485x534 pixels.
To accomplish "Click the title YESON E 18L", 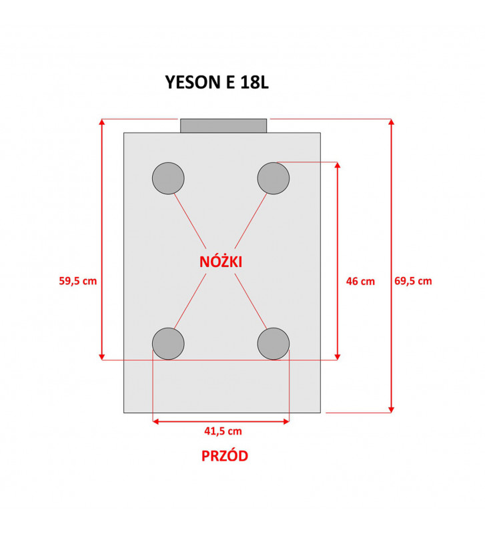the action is pyautogui.click(x=217, y=82).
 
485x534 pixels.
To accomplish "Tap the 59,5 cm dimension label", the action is pyautogui.click(x=78, y=281).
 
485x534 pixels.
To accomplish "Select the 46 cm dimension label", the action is pyautogui.click(x=360, y=281).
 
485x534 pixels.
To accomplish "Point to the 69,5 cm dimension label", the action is pyautogui.click(x=413, y=281).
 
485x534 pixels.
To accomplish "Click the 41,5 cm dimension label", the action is pyautogui.click(x=223, y=431).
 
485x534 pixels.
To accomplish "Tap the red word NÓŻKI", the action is pyautogui.click(x=221, y=262).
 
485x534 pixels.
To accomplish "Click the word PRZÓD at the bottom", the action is pyautogui.click(x=225, y=456).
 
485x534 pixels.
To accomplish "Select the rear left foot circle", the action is pyautogui.click(x=168, y=178).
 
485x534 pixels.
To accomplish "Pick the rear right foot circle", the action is pyautogui.click(x=274, y=178).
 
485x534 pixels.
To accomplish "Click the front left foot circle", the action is pyautogui.click(x=168, y=344).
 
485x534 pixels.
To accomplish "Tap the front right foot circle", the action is pyautogui.click(x=274, y=344).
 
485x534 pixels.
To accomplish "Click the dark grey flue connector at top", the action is pyautogui.click(x=223, y=125).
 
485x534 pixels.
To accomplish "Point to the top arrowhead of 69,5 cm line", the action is pyautogui.click(x=392, y=122).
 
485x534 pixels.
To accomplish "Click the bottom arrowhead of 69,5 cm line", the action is pyautogui.click(x=392, y=409).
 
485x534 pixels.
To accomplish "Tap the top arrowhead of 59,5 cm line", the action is pyautogui.click(x=102, y=122).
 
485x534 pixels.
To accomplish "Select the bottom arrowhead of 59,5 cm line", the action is pyautogui.click(x=102, y=356).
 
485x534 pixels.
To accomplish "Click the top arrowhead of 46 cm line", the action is pyautogui.click(x=338, y=165).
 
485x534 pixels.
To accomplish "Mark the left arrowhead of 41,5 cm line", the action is pyautogui.click(x=156, y=422).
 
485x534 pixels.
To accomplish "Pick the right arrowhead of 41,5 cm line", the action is pyautogui.click(x=286, y=422).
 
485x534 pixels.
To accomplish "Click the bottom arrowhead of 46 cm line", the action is pyautogui.click(x=338, y=356).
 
